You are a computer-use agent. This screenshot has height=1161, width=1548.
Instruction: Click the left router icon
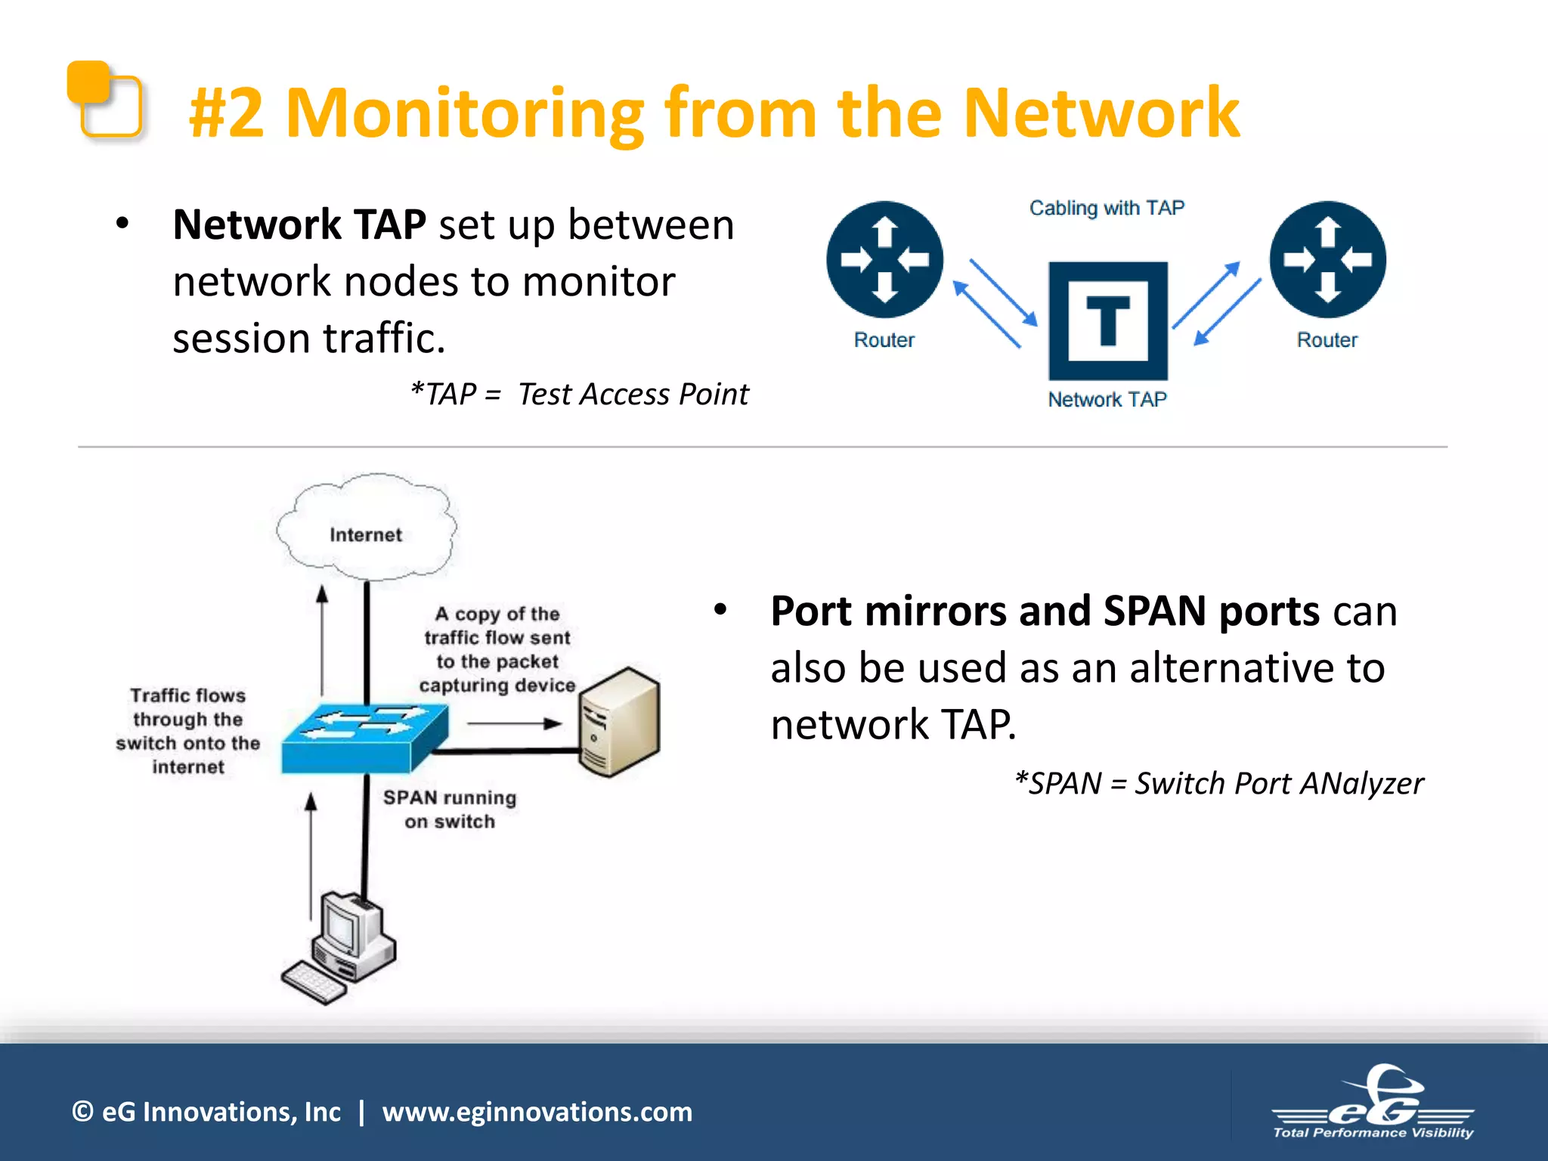click(x=884, y=259)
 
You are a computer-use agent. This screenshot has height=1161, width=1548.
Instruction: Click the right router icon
click(x=1327, y=259)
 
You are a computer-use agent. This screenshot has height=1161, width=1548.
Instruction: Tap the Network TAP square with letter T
click(x=1108, y=320)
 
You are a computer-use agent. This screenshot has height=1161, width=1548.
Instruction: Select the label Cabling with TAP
click(x=1107, y=208)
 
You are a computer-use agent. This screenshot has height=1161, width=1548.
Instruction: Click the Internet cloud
click(x=366, y=529)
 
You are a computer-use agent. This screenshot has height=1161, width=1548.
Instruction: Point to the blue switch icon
click(x=364, y=738)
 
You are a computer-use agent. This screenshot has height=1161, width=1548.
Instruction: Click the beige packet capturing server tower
click(x=618, y=723)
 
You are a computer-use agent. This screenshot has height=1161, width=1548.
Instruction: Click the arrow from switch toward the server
click(x=514, y=723)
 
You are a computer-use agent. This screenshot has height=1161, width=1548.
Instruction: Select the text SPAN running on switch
click(x=450, y=810)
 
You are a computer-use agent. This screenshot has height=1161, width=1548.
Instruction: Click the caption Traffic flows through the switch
click(x=187, y=731)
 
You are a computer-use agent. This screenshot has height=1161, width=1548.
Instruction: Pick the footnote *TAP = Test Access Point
click(x=579, y=395)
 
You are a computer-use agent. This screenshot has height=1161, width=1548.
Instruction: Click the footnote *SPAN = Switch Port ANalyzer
click(x=1218, y=784)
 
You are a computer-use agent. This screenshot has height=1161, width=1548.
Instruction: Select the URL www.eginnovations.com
click(x=537, y=1112)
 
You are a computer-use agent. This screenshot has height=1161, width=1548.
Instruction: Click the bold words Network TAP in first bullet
click(x=299, y=225)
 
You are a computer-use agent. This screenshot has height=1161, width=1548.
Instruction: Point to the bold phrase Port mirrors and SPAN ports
click(x=1045, y=611)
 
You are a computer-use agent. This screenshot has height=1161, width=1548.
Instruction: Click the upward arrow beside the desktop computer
click(x=311, y=854)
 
